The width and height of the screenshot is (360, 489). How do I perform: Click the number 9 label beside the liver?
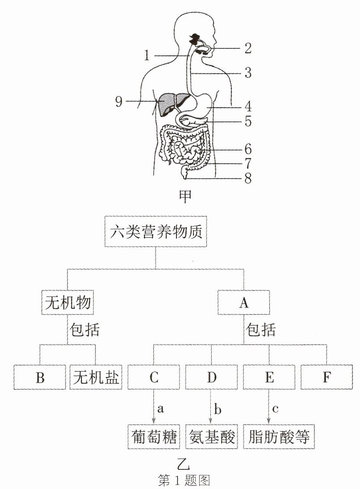click(x=119, y=101)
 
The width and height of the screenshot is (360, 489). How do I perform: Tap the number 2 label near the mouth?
click(x=248, y=48)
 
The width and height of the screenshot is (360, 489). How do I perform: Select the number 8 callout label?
click(x=248, y=178)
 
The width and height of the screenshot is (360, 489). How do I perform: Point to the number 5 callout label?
click(x=248, y=121)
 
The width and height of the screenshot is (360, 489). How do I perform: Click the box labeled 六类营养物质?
click(x=156, y=232)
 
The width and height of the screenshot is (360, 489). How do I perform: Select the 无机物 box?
click(x=67, y=302)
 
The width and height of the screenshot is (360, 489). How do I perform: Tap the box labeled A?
click(x=244, y=302)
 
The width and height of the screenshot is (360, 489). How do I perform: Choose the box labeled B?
click(x=40, y=377)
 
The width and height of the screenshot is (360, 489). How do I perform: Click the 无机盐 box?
click(x=96, y=377)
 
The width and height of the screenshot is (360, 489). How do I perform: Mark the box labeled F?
click(x=327, y=377)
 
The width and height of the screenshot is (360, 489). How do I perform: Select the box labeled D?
click(x=211, y=377)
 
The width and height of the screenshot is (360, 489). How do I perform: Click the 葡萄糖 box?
click(x=154, y=436)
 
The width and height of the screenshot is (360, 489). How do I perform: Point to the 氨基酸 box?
click(x=211, y=436)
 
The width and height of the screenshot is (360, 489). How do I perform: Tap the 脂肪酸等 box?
click(x=279, y=436)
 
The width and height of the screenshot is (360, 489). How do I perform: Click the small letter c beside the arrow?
click(x=275, y=409)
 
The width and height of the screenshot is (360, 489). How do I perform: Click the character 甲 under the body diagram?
click(x=186, y=197)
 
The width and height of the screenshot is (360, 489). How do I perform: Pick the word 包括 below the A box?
click(x=260, y=329)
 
